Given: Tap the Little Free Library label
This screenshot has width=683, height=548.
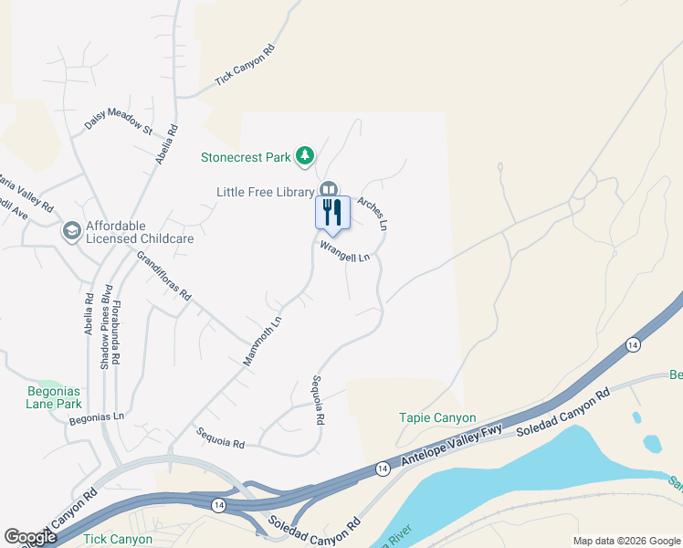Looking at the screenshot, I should click(x=265, y=192).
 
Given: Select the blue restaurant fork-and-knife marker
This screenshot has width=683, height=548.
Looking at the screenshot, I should click(x=331, y=213).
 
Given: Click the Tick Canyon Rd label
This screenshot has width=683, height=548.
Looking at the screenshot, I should click(x=245, y=68).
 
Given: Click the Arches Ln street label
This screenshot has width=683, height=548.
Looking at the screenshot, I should click(x=373, y=213).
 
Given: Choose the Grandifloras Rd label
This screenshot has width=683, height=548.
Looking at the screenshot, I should click(x=163, y=275).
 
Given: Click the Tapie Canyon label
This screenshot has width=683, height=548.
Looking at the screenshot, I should click(x=437, y=417).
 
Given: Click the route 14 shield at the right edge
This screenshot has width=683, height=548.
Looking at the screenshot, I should click(x=632, y=344).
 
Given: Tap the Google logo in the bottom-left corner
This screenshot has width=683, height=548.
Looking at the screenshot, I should click(x=30, y=537).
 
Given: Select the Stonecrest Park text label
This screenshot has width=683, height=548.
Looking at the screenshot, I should click(x=246, y=157).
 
